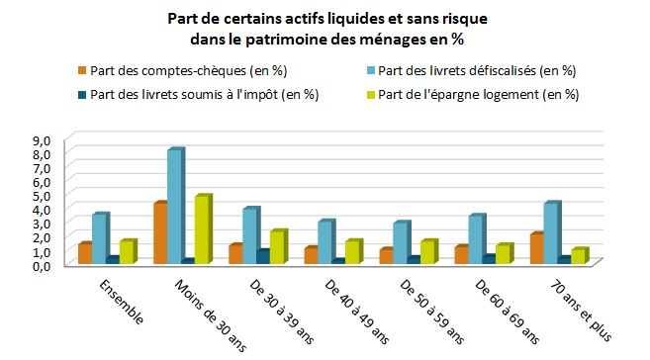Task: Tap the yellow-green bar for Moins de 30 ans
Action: tap(203, 229)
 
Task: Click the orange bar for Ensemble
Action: tap(85, 253)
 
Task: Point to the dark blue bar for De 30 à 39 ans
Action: tap(262, 257)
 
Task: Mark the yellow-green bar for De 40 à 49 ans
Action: tap(352, 252)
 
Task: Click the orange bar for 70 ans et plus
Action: tap(536, 248)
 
